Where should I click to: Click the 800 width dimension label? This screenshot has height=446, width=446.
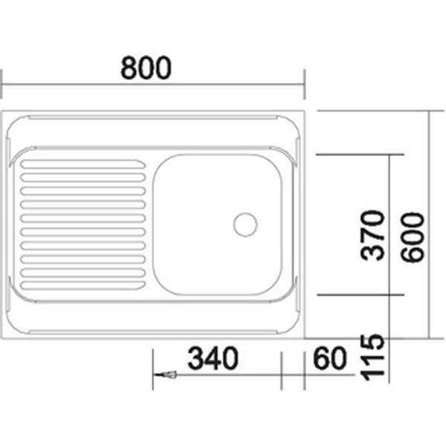[146, 68]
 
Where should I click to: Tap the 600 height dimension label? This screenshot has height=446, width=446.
[412, 237]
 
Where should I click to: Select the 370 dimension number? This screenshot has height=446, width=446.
[372, 235]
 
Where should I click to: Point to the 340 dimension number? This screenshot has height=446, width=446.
[213, 358]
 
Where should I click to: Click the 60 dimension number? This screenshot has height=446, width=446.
[330, 358]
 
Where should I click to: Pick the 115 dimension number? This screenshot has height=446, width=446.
[372, 358]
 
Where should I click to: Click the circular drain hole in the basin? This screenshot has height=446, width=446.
[245, 224]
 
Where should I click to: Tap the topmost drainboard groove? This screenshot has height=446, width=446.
[83, 164]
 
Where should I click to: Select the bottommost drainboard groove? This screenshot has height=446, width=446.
[83, 285]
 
